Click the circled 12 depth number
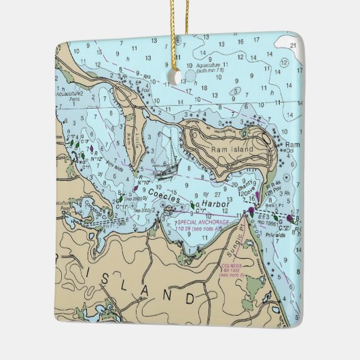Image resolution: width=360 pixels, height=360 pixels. pyautogui.click(x=282, y=63)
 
